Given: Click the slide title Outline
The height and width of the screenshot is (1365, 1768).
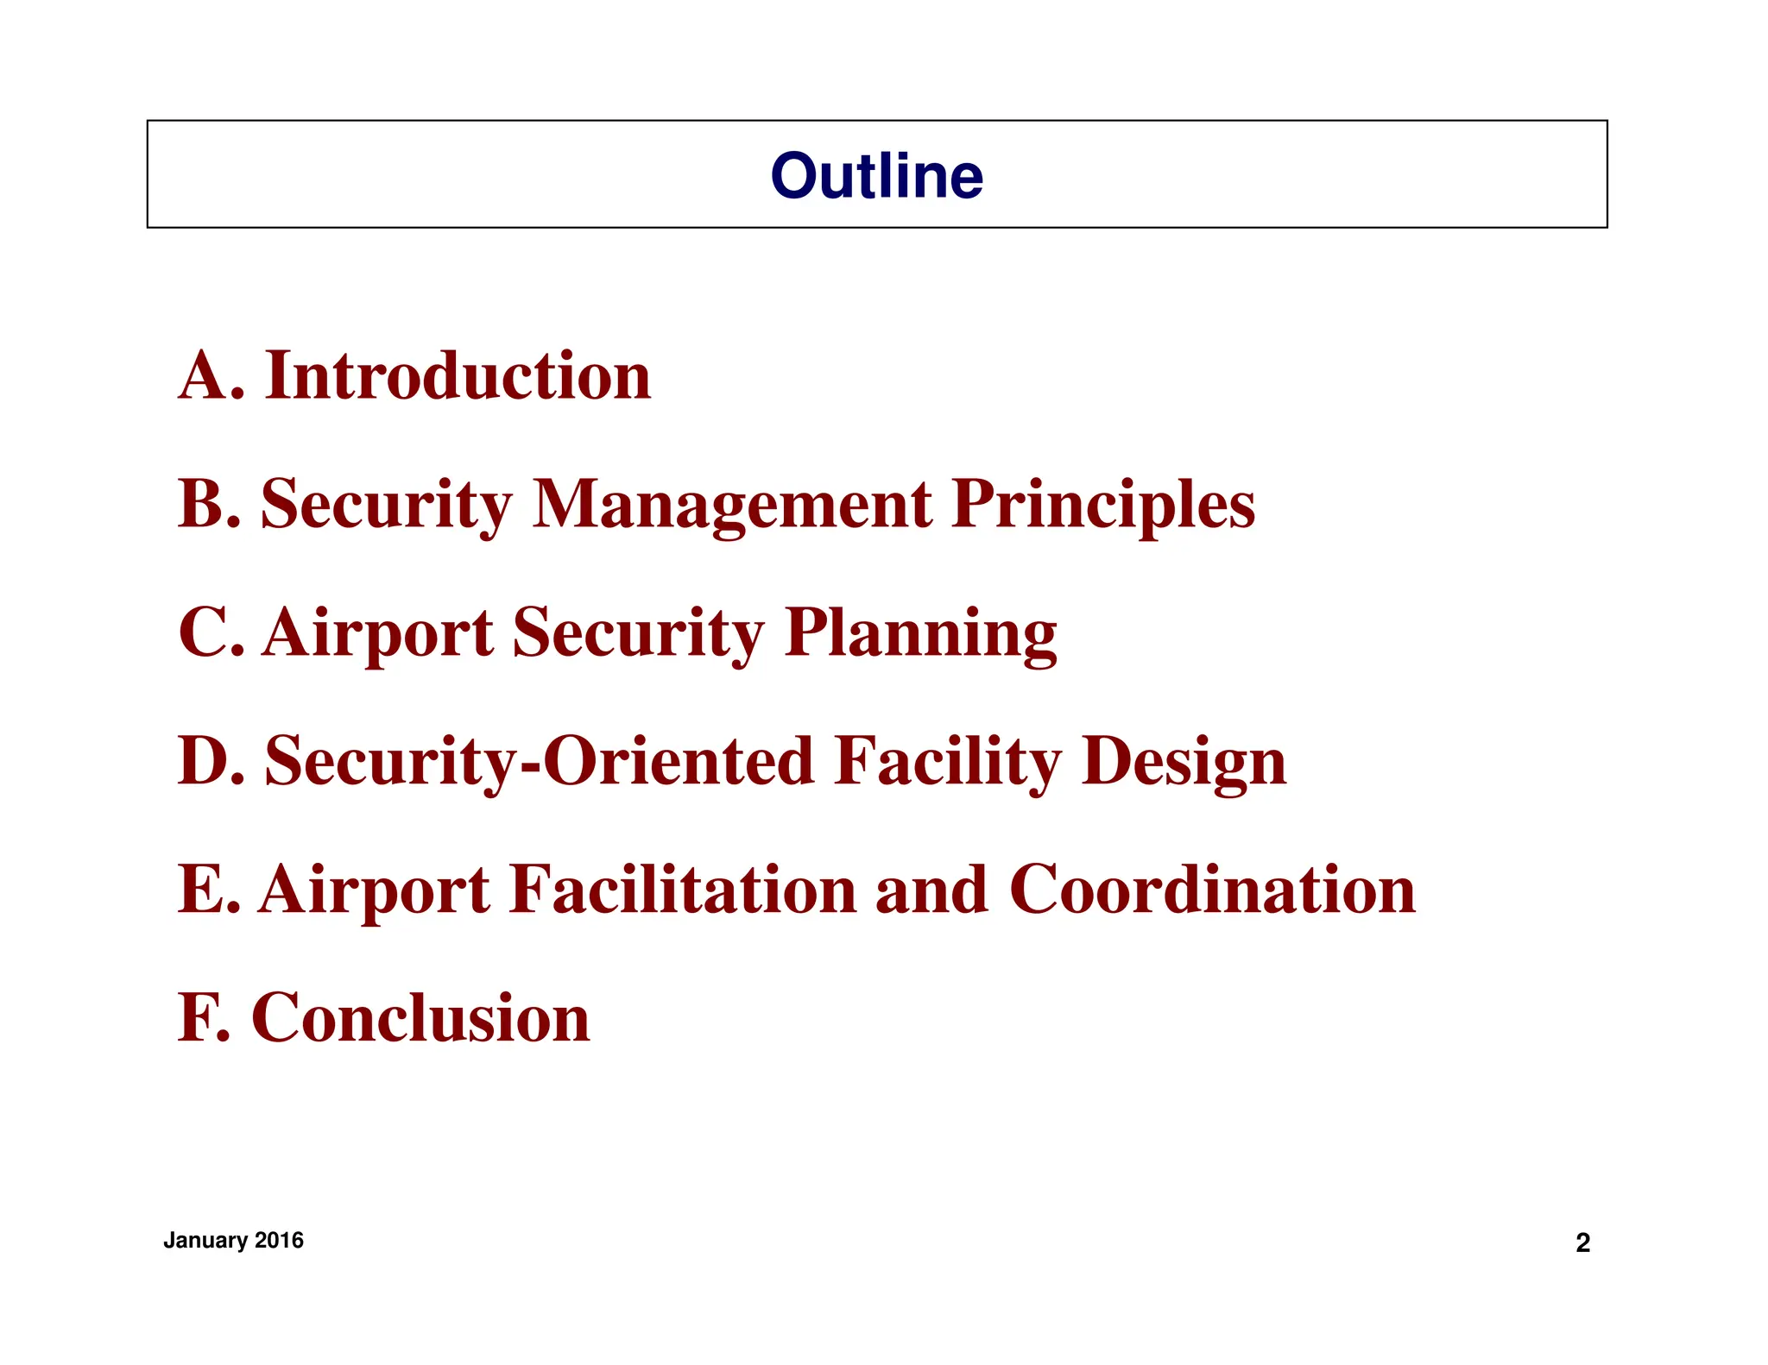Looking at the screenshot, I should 876,175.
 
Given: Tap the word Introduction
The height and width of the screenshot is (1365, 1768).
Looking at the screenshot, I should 458,376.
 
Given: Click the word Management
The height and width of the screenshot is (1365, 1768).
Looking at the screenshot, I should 732,505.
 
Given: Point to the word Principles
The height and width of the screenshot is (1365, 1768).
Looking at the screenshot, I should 1103,505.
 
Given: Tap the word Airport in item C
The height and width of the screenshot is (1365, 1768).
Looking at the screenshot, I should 377,633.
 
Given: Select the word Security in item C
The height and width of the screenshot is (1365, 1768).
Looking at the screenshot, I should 638,633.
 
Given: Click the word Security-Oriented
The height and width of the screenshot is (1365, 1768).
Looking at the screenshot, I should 540,762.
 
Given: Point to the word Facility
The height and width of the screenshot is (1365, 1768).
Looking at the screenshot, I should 947,762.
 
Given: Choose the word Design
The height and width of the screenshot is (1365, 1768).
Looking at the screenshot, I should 1184,762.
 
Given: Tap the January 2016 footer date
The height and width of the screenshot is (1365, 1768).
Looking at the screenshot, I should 233,1240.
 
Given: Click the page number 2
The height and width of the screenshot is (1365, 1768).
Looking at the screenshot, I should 1582,1242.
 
